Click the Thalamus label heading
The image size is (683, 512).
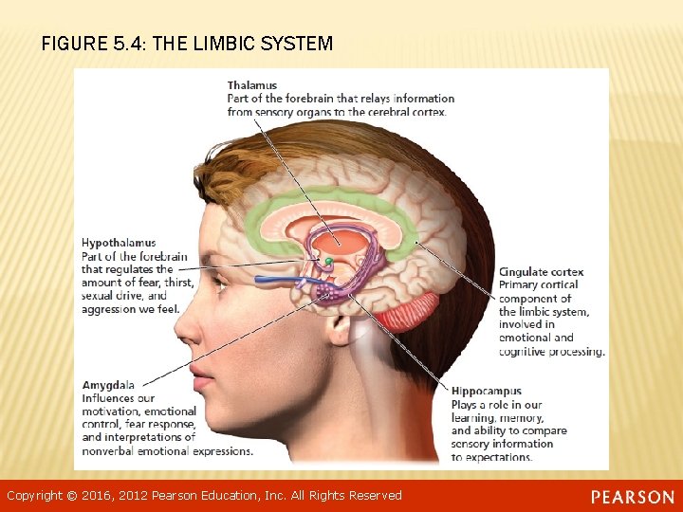click(251, 85)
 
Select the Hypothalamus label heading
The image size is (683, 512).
click(119, 243)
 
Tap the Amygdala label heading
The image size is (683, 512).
click(108, 385)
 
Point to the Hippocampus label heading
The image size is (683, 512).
click(487, 392)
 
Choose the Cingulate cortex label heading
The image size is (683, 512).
click(542, 272)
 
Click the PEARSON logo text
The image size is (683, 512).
click(632, 497)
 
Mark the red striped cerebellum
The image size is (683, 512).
click(410, 311)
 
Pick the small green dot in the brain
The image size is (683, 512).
click(328, 261)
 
